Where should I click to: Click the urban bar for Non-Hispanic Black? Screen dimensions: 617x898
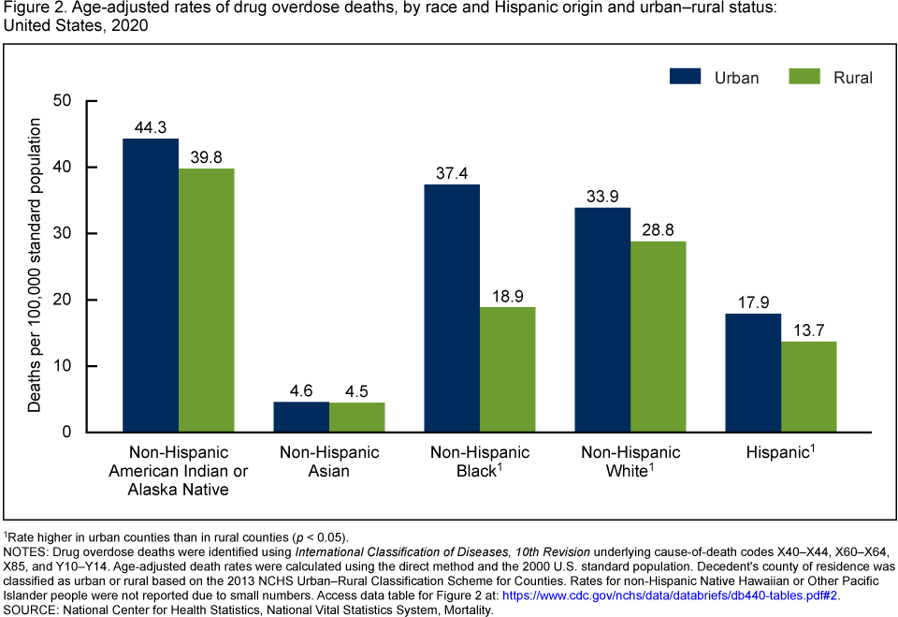(452, 308)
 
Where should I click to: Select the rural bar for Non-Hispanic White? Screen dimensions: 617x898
(658, 337)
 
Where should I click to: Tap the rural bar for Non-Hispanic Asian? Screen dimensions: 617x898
(356, 418)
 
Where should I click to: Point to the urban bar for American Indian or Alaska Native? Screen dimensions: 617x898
(151, 286)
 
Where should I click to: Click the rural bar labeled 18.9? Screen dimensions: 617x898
(508, 370)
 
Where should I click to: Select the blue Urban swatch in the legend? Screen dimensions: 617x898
(686, 77)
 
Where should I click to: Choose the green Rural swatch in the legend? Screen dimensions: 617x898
(805, 77)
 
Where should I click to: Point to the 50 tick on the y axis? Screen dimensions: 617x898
(64, 101)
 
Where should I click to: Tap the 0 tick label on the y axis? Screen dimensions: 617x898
(68, 433)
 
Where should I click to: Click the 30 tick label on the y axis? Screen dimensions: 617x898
(64, 233)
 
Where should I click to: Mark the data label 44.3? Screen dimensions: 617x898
(151, 126)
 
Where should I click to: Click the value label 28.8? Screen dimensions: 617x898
(658, 229)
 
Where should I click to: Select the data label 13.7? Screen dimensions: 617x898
(809, 330)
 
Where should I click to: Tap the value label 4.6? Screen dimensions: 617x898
(301, 389)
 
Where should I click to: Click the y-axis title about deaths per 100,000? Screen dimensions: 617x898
(35, 266)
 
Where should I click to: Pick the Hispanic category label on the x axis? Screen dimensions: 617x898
(781, 452)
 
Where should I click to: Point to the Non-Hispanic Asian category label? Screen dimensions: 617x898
(329, 462)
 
